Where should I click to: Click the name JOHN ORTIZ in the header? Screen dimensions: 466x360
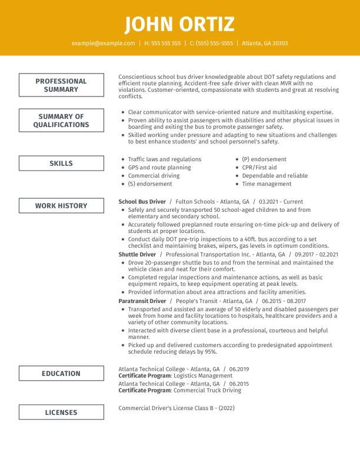(179, 24)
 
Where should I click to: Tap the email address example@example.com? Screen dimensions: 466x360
(103, 44)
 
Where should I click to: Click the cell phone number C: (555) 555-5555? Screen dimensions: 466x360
(211, 44)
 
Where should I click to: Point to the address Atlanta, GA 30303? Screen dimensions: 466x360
(265, 44)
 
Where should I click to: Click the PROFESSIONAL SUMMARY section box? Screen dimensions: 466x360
(61, 85)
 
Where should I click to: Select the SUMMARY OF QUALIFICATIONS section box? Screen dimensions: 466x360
(61, 121)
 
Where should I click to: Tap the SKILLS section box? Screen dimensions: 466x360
(61, 164)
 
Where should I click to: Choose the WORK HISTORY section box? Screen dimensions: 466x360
(61, 206)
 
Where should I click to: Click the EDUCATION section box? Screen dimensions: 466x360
(61, 374)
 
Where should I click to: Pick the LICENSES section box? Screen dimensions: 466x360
(61, 412)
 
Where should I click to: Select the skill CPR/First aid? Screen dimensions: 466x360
(259, 168)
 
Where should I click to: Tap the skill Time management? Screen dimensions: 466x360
(266, 184)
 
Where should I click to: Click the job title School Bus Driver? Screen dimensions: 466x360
(142, 201)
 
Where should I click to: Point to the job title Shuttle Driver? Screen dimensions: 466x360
(137, 255)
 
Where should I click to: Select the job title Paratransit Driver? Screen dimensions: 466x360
(142, 301)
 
